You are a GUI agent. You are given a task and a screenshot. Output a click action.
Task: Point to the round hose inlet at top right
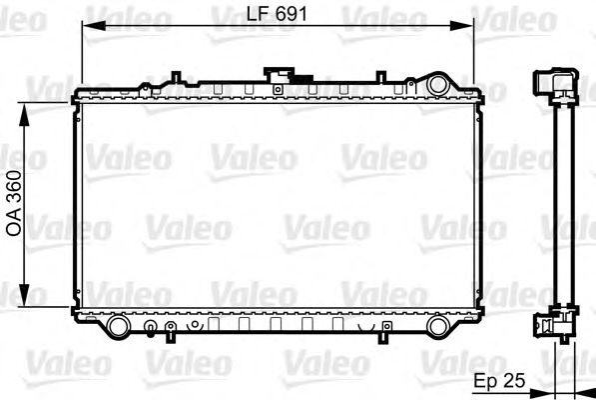437,83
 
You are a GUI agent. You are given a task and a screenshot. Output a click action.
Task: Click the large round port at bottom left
117,326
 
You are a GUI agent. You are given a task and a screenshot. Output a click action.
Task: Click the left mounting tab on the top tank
176,75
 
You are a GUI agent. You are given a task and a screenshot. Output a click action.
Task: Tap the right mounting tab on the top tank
382,75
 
